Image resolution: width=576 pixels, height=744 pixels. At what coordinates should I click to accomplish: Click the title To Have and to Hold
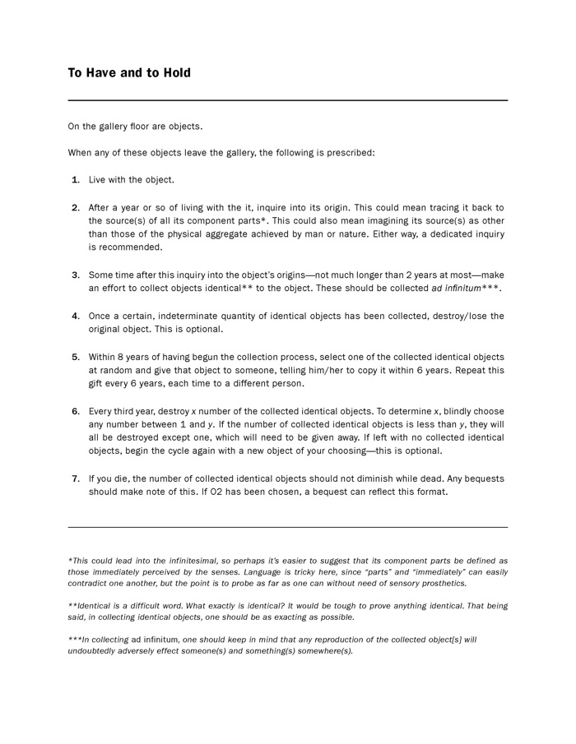click(129, 73)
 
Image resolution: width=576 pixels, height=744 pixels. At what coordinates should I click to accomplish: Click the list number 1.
click(76, 179)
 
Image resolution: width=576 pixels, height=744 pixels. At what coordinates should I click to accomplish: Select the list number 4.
click(76, 316)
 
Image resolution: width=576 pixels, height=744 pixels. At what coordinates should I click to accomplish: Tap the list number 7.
click(76, 478)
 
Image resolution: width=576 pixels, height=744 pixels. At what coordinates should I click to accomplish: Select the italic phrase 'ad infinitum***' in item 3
click(467, 289)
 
